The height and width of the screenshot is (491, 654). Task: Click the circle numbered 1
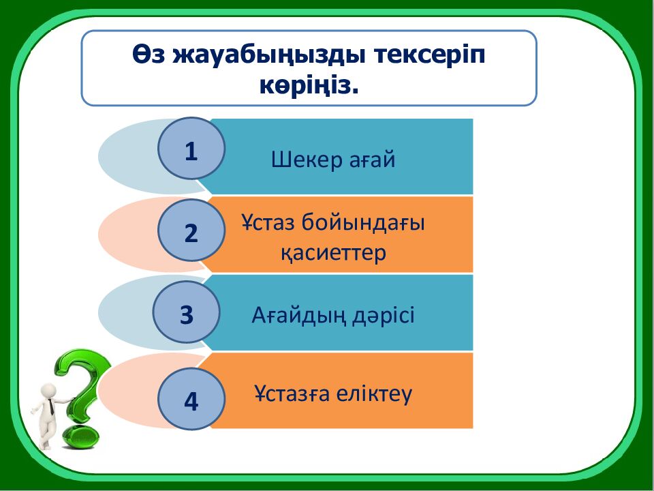191,149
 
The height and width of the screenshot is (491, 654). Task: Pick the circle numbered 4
191,400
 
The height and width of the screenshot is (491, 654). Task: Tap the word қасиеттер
334,253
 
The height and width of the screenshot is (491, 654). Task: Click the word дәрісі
384,316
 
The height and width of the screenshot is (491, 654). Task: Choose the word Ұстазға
292,394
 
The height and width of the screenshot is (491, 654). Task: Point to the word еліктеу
375,394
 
